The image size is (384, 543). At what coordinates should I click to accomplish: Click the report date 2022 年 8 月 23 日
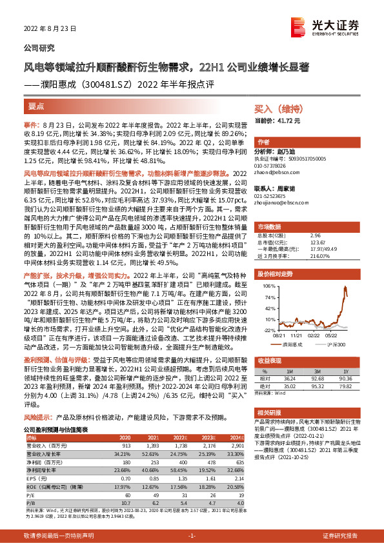pyautogui.click(x=50, y=29)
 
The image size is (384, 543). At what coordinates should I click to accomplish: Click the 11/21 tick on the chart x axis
pyautogui.click(x=298, y=334)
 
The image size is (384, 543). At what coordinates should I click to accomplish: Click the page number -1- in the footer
pyautogui.click(x=191, y=536)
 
